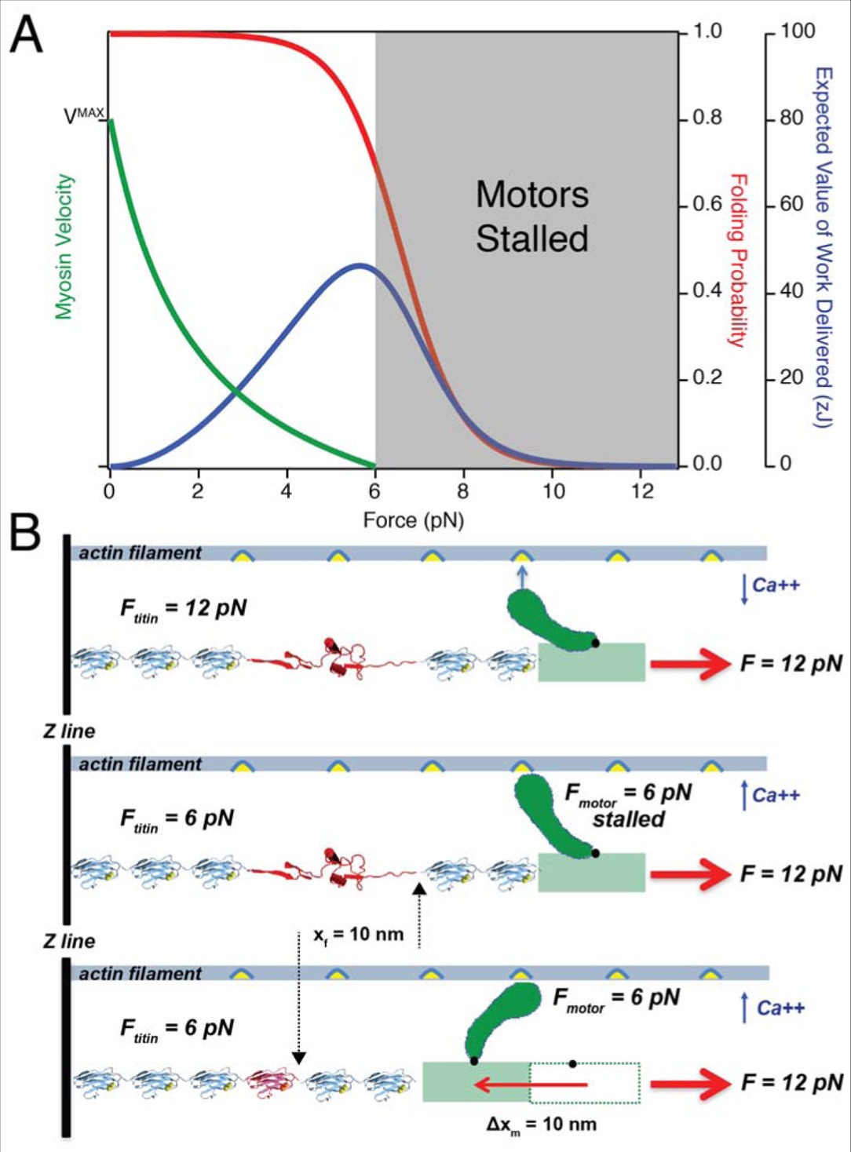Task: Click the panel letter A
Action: pos(26,35)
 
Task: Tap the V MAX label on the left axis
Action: pos(83,115)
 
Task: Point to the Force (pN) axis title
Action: pos(413,520)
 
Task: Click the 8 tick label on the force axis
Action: pos(463,491)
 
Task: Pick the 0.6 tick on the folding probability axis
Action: pos(707,204)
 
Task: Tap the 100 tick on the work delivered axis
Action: pos(798,31)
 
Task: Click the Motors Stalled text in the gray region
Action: pos(532,217)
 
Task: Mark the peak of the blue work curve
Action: pos(360,265)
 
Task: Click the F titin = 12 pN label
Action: pos(184,610)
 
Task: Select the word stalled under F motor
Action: pos(628,819)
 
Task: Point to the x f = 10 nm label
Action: pos(358,935)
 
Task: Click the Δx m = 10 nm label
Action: pos(541,1125)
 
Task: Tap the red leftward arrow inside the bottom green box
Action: pos(530,1085)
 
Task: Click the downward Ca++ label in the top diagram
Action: pos(774,585)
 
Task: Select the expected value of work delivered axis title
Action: pos(823,246)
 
